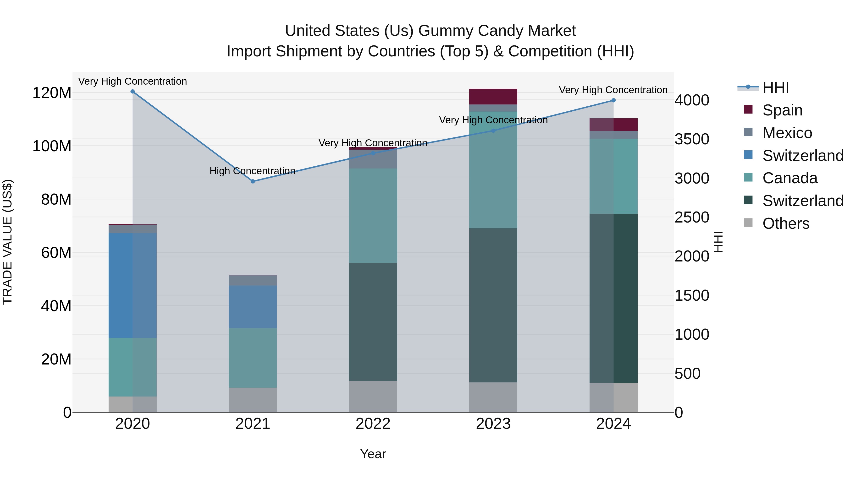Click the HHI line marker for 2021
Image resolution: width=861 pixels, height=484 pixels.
click(253, 181)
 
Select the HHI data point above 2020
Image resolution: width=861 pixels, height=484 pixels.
click(133, 92)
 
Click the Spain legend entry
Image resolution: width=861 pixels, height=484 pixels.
click(782, 110)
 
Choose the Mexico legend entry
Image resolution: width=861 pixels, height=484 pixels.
click(787, 133)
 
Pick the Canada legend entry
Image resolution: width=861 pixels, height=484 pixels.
click(789, 178)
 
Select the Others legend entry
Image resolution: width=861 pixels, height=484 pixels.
click(785, 223)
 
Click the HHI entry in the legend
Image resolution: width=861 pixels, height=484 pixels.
click(775, 87)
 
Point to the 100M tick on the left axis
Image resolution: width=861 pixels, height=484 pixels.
click(52, 146)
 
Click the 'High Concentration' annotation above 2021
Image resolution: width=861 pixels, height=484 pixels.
click(252, 171)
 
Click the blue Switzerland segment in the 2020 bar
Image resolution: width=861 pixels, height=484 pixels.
click(133, 286)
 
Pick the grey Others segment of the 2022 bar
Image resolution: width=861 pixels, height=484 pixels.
click(373, 397)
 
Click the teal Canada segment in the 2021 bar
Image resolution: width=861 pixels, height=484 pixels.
click(253, 358)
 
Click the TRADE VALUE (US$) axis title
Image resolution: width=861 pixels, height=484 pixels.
click(8, 242)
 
